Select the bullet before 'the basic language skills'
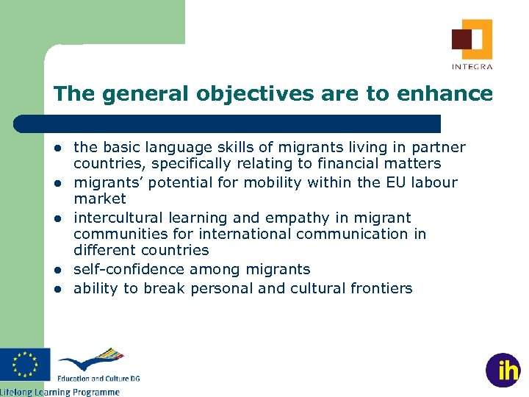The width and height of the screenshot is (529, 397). pyautogui.click(x=57, y=148)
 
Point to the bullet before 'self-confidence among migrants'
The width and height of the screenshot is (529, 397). pyautogui.click(x=57, y=270)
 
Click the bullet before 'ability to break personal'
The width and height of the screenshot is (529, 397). pyautogui.click(x=57, y=289)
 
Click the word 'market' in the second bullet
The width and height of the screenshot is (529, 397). pyautogui.click(x=100, y=198)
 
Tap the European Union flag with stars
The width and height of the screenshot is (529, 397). pyautogui.click(x=25, y=365)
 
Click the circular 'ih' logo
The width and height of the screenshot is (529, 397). pyautogui.click(x=503, y=371)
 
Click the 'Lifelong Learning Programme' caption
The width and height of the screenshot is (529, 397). pyautogui.click(x=60, y=392)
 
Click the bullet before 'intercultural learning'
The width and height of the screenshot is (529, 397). pyautogui.click(x=57, y=218)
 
